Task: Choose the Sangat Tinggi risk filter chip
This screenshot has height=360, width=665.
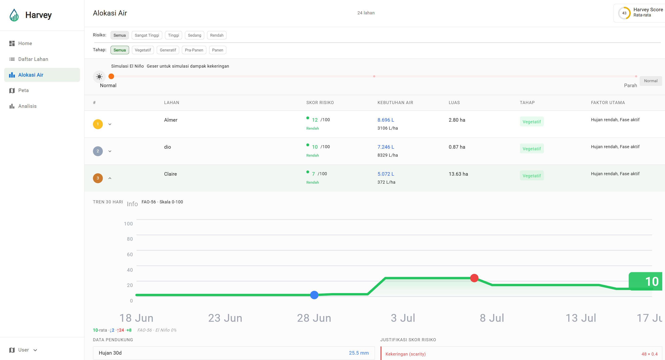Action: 147,35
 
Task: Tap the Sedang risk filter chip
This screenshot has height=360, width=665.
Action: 194,35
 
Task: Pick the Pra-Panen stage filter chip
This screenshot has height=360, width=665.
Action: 194,50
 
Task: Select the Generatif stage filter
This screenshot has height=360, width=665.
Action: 168,50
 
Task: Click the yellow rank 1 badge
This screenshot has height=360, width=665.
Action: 98,124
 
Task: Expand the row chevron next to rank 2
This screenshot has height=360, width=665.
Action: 110,151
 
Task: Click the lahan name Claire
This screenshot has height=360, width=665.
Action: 170,174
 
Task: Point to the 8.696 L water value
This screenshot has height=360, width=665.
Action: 386,120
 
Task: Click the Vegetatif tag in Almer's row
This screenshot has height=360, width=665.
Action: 531,122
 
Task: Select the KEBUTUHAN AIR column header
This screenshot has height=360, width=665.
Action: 395,103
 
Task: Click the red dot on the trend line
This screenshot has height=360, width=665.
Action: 474,278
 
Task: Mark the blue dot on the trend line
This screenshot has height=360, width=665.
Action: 314,295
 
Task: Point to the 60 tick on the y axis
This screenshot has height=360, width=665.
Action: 130,254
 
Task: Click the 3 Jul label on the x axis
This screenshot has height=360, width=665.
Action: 403,318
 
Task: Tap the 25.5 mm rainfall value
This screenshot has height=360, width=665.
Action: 359,353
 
